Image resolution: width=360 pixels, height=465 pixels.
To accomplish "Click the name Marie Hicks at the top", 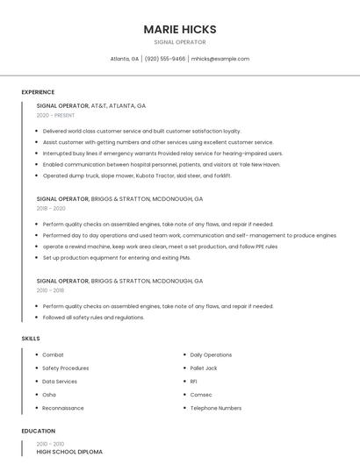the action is [x=180, y=29].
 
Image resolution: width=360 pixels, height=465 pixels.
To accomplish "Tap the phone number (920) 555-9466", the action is [x=165, y=59].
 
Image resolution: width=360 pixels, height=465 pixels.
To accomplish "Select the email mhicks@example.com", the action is [x=220, y=59].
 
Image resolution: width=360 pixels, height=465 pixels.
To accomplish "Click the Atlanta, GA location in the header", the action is [x=125, y=59].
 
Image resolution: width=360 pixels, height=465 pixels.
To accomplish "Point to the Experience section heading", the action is [x=38, y=92].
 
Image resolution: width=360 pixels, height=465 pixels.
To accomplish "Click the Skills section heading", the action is [x=31, y=339].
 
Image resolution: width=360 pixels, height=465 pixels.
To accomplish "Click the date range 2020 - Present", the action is [x=55, y=115].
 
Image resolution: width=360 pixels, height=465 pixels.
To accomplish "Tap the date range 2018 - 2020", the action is [x=51, y=209].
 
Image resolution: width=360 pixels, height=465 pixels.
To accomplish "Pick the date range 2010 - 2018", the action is [x=50, y=290].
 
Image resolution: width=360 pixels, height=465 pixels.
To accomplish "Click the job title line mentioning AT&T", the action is [x=91, y=105].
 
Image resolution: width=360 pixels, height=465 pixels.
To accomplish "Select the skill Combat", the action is [x=53, y=354].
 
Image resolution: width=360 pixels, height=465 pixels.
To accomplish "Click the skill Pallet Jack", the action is [x=204, y=368].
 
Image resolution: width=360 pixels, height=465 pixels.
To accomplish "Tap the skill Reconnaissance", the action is [x=63, y=408].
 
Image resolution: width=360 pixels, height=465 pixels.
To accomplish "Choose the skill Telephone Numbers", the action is [x=216, y=408].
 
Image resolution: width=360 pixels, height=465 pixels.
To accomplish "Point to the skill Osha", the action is [x=49, y=395].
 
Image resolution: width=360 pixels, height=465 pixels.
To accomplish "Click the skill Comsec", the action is [x=201, y=395].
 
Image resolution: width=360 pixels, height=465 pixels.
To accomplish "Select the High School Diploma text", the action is [x=69, y=452].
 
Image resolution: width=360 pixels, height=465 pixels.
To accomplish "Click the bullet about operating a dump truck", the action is [x=137, y=175].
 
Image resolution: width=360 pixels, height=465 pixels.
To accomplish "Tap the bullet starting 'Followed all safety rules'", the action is [x=93, y=318].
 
